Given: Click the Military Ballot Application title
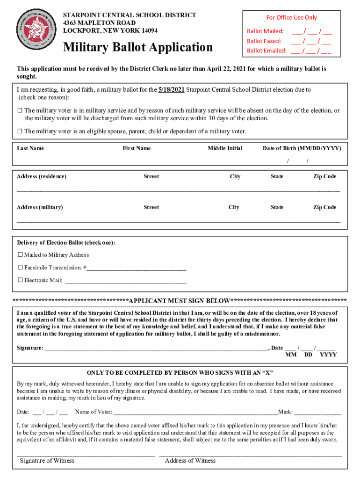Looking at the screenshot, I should pyautogui.click(x=138, y=47).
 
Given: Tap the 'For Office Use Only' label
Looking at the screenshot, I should pyautogui.click(x=291, y=17).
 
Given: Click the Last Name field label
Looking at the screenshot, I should pyautogui.click(x=30, y=148).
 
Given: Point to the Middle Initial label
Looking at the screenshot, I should pyautogui.click(x=225, y=148).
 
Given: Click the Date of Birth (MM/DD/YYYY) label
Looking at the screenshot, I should pyautogui.click(x=302, y=148).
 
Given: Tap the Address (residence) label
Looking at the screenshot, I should pyautogui.click(x=42, y=176).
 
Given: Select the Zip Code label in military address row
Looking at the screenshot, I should pyautogui.click(x=324, y=207).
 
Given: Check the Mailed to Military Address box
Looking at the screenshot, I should pyautogui.click(x=20, y=255).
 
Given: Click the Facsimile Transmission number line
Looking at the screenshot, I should pyautogui.click(x=137, y=269).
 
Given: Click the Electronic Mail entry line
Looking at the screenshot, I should pyautogui.click(x=126, y=282).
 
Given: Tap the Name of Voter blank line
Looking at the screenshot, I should pyautogui.click(x=195, y=413).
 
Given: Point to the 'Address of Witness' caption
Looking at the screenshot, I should pyautogui.click(x=190, y=461).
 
